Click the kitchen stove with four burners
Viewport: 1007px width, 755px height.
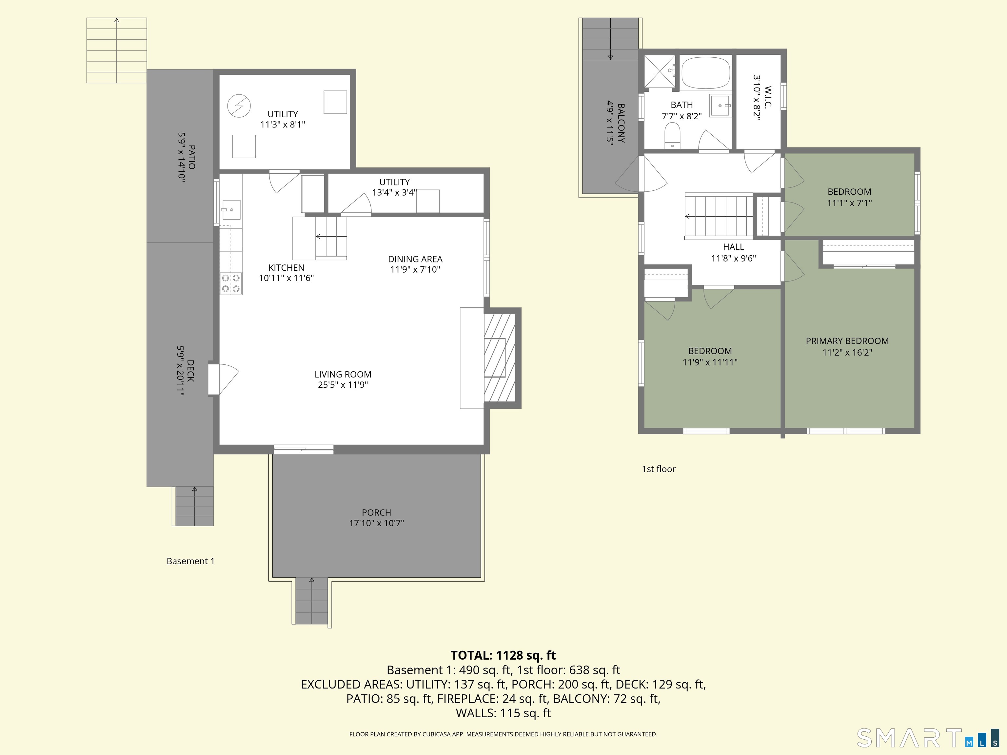[231, 283]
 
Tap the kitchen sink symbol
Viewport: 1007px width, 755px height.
[231, 210]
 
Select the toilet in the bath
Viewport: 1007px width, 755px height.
[672, 136]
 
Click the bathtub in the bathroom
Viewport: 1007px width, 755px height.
[706, 73]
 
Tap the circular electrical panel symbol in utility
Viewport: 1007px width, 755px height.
[239, 106]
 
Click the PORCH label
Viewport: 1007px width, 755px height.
[377, 513]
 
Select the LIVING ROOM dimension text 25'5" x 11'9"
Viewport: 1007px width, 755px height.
[343, 385]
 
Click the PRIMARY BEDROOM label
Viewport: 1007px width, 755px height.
[847, 341]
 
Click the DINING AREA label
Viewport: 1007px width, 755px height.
[415, 259]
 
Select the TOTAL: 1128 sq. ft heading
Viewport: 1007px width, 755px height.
[503, 655]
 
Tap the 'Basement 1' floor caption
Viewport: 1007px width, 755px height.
[190, 561]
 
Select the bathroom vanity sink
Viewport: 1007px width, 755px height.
[721, 106]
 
